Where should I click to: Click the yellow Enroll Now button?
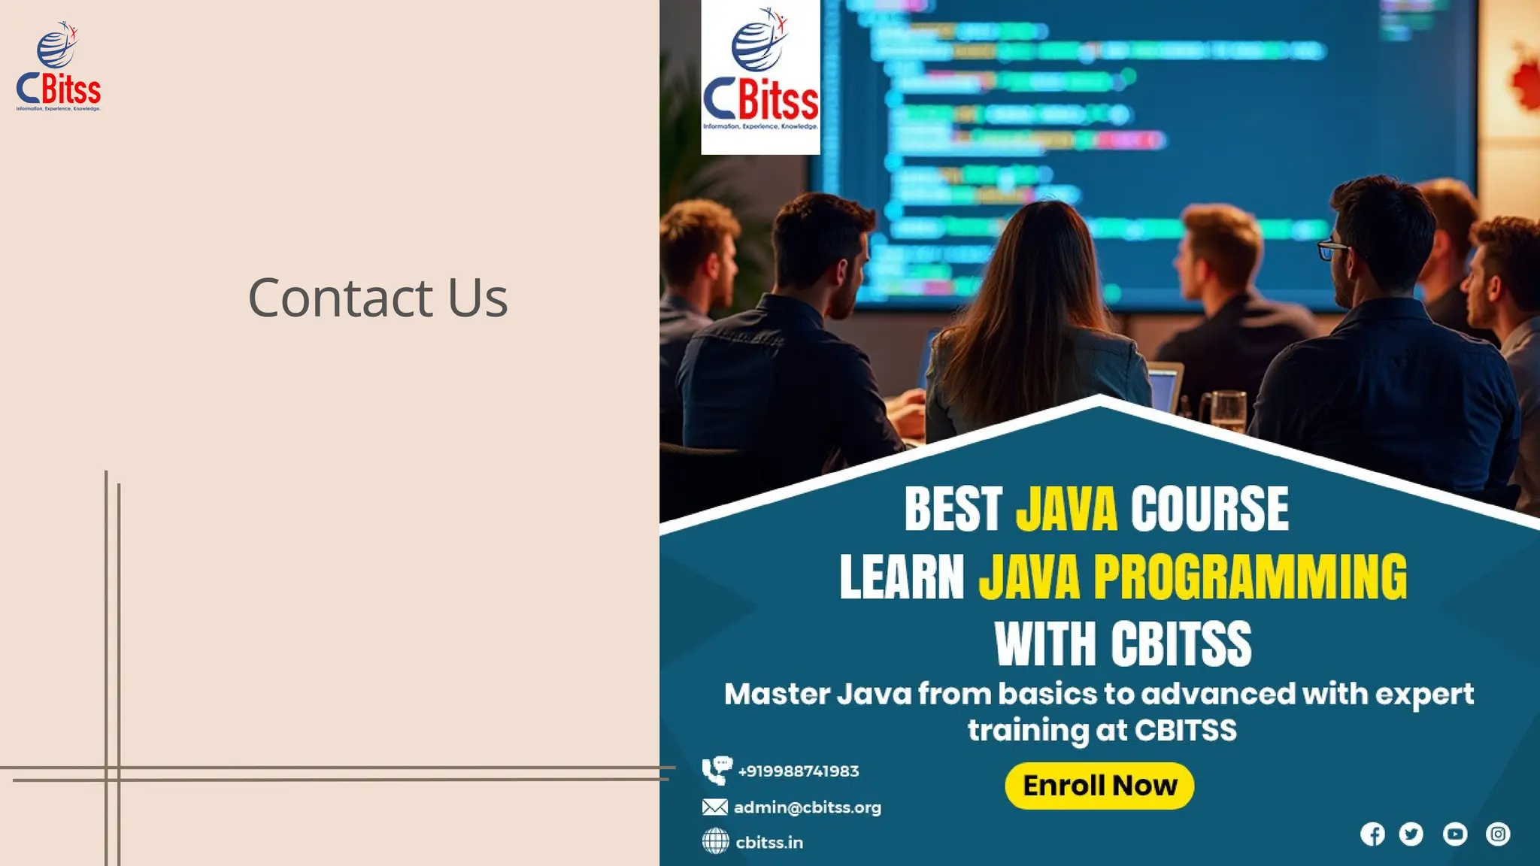tap(1099, 786)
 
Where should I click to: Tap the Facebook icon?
tap(1372, 834)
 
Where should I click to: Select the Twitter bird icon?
tap(1411, 834)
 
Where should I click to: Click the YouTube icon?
tap(1455, 834)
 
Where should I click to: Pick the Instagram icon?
tap(1498, 834)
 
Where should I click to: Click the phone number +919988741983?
tap(799, 771)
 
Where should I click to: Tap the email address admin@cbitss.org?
tap(807, 807)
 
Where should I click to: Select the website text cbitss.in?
tap(769, 843)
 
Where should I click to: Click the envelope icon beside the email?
tap(714, 807)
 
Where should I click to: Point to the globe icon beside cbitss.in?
tap(715, 841)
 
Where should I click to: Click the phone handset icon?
tap(715, 771)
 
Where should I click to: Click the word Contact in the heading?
tap(341, 298)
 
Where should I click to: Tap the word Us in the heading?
tap(477, 298)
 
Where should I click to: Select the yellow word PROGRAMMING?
tap(1250, 577)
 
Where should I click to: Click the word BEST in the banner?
tap(953, 509)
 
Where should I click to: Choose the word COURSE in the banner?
tap(1209, 509)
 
